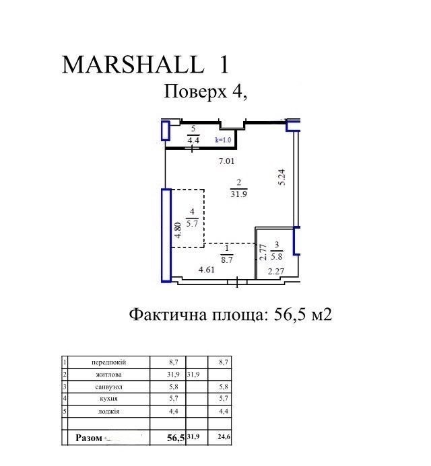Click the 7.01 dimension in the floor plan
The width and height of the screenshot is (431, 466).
pos(226,161)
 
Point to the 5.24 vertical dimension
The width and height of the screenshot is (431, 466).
pos(282,177)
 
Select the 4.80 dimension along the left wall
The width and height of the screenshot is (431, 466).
pos(178,231)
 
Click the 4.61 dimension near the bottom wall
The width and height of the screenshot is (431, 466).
pos(207,270)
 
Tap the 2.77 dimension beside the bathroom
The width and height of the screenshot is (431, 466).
pos(263,252)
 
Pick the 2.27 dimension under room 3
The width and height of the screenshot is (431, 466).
pos(276,272)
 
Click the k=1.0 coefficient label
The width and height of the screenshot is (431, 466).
pos(223,140)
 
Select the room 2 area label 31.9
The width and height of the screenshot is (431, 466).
pos(238,194)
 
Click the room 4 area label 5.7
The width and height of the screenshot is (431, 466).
pos(192,223)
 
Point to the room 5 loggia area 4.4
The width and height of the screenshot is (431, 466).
pos(193,140)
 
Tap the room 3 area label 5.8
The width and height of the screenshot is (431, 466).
pos(277,256)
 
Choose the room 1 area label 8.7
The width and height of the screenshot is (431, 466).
pos(227,260)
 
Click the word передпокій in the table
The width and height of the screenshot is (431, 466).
pos(108,362)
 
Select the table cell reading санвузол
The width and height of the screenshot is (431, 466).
pos(108,387)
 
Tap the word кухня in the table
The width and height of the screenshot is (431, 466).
pos(108,399)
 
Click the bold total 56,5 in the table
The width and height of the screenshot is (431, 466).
pos(176,438)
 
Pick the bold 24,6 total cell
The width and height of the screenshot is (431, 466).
pos(224,437)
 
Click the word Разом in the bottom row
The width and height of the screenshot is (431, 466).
pos(89,438)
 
